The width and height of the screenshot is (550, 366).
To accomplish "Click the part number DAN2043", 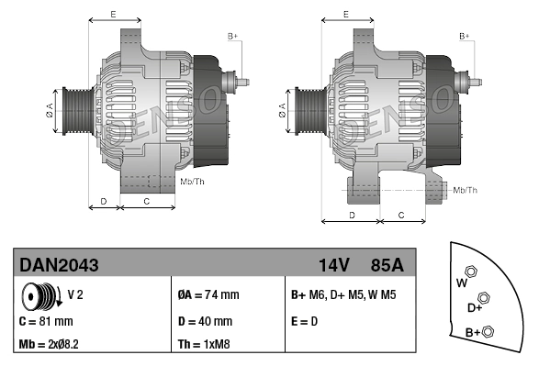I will (60, 265).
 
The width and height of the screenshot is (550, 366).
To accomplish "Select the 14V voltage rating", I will (333, 265).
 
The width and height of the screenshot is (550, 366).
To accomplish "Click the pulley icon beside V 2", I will (40, 297).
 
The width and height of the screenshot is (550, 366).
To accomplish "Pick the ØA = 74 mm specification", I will (208, 295).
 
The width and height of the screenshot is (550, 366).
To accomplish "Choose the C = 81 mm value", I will (46, 322).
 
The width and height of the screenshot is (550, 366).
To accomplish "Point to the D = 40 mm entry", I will (204, 322).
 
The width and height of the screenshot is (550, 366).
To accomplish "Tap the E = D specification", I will (305, 322).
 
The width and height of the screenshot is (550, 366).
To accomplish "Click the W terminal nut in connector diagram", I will (471, 272).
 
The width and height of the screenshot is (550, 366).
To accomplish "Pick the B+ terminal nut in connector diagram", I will (488, 331).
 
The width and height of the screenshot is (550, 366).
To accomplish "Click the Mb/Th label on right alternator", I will (465, 190).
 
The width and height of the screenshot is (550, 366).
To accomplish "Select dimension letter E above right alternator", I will (345, 14).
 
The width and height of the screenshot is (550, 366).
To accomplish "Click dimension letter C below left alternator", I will (147, 200).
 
